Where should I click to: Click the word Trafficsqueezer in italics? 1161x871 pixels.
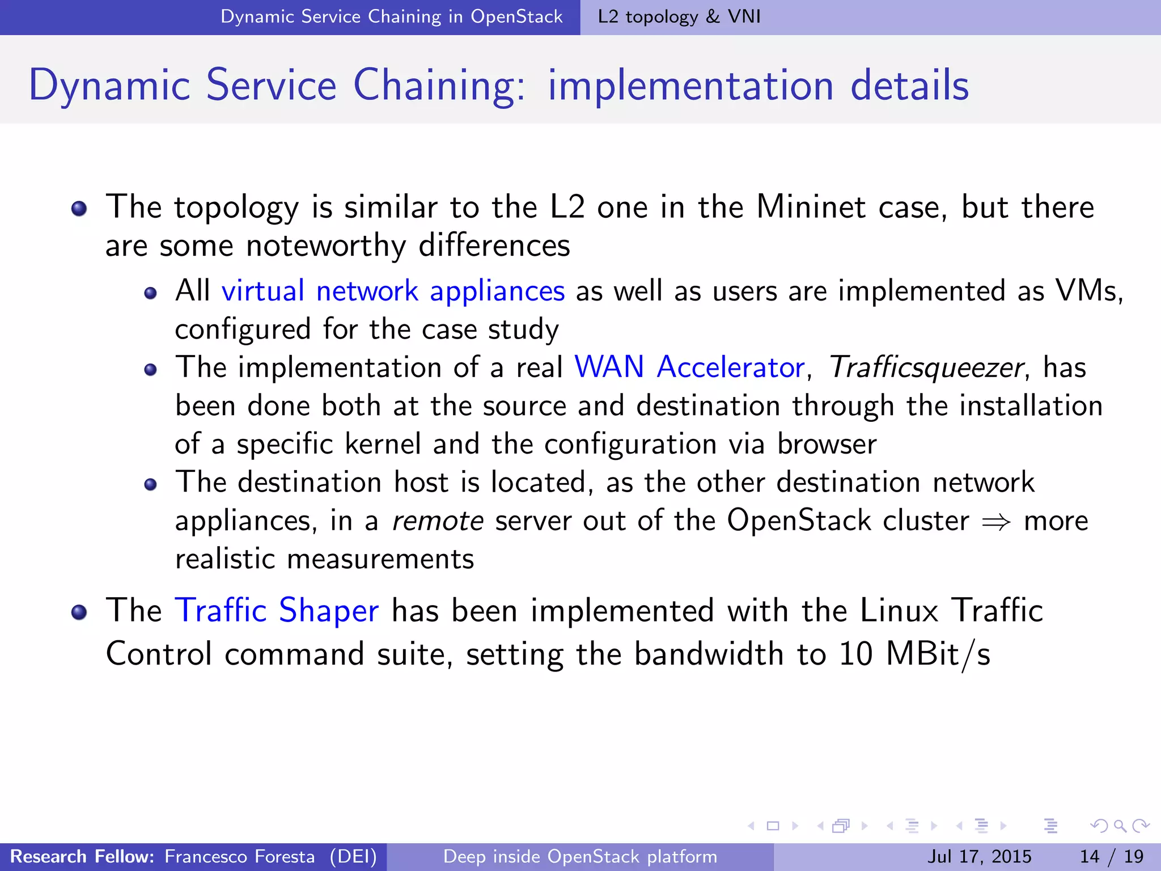coord(926,367)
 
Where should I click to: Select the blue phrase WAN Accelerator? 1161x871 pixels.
coord(689,367)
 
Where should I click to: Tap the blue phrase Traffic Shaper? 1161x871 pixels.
coord(277,611)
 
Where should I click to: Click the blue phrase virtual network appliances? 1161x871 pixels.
coord(393,291)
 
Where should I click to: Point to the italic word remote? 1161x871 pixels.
coord(438,521)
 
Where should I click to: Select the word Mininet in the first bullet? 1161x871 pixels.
coord(811,207)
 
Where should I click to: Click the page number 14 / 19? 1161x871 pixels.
coord(1111,856)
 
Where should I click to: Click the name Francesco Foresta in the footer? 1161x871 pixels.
coord(239,856)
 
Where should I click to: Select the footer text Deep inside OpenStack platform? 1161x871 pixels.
coord(580,856)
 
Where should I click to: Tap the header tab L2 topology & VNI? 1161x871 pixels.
coord(679,17)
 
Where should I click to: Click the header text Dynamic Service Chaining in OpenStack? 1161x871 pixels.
coord(391,17)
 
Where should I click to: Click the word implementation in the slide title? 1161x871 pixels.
coord(690,86)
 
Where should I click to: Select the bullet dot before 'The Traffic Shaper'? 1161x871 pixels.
coord(79,612)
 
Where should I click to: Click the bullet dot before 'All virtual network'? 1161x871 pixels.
coord(150,293)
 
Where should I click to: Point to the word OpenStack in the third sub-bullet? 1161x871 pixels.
coord(798,521)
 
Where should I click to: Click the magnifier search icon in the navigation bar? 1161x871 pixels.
coord(1119,826)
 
